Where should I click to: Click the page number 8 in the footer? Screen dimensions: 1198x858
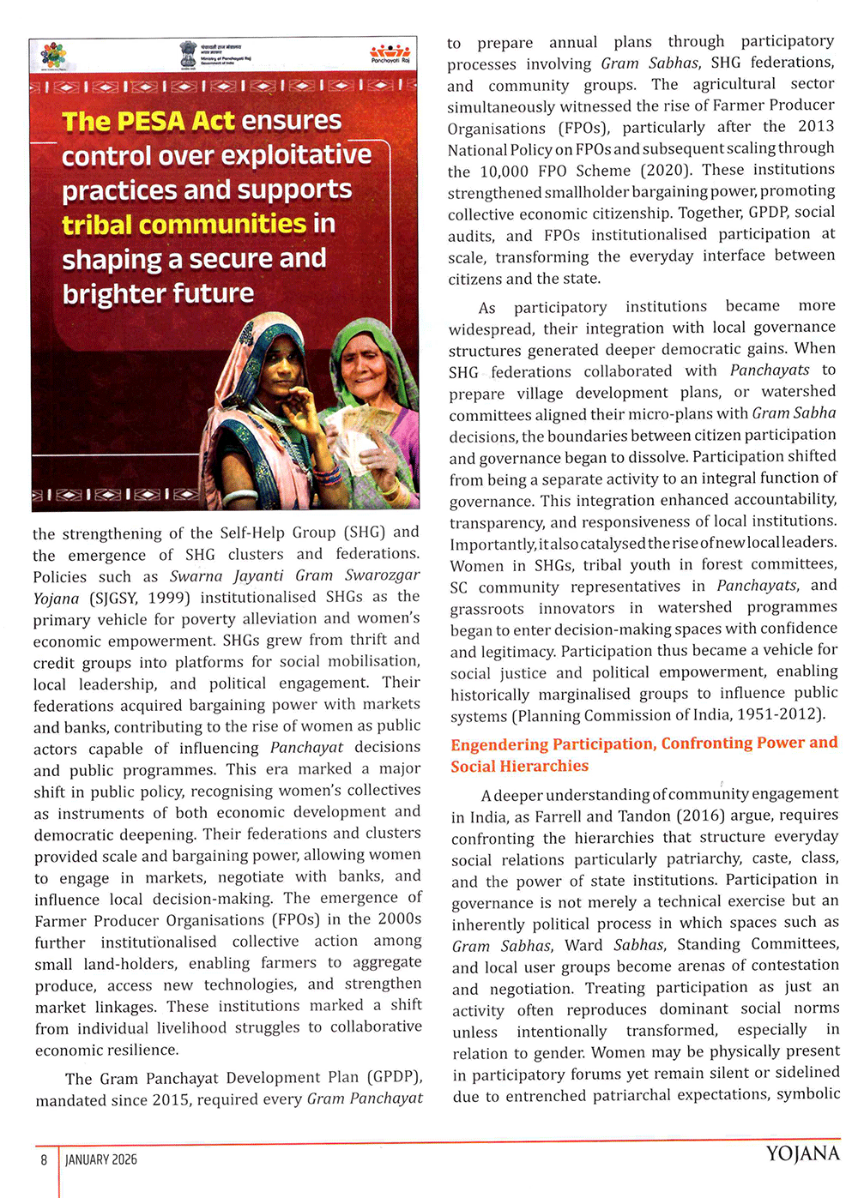tap(44, 1159)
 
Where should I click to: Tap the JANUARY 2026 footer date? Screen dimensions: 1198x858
tap(101, 1159)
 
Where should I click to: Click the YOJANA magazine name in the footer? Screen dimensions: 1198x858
tap(802, 1154)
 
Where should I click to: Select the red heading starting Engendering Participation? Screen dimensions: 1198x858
tap(643, 755)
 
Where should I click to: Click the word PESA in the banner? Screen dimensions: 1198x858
tap(151, 122)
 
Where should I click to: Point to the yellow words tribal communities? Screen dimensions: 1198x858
tap(184, 225)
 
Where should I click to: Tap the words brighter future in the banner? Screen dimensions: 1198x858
tap(158, 294)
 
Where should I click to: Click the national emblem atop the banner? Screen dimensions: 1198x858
tap(188, 54)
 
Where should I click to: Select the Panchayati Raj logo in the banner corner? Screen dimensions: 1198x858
tap(390, 53)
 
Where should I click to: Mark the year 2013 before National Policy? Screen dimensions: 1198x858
tap(816, 127)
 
